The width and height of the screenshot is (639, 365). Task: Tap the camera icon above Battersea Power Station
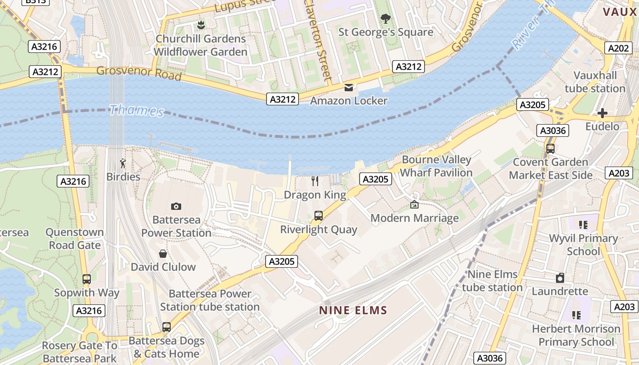176,207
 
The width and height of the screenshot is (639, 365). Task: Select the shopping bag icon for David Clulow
163,254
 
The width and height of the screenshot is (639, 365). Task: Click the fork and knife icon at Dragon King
315,181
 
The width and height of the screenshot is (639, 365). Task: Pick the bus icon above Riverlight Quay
319,216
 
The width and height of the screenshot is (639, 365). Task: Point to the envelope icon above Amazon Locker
349,88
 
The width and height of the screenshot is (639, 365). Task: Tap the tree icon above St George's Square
386,19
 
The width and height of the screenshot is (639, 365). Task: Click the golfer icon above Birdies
123,163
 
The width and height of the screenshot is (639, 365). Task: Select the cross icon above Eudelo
602,113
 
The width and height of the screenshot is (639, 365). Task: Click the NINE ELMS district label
353,311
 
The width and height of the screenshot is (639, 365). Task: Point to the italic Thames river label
136,110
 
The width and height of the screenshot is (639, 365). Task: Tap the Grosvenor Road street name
139,73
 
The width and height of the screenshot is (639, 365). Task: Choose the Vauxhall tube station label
595,82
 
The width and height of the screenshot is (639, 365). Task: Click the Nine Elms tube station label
492,281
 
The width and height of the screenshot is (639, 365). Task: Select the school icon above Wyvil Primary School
583,224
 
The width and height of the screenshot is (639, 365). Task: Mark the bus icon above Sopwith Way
87,279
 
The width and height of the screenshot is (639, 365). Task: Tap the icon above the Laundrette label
560,278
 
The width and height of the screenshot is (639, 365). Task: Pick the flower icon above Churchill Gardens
200,25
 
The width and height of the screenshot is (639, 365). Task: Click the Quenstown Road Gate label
74,239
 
